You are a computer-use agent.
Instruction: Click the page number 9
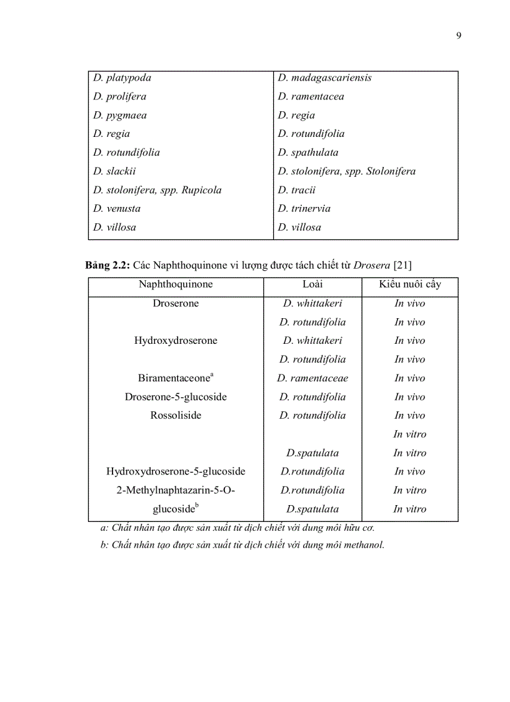458,35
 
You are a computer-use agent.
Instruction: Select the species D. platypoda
122,78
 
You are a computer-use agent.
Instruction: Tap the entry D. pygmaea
120,116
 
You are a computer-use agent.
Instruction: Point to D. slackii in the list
114,171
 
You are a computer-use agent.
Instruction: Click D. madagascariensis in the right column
324,78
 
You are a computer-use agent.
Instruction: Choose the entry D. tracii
297,190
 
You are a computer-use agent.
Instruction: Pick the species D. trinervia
304,209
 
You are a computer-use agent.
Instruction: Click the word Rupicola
201,190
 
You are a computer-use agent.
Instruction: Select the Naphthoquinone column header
176,284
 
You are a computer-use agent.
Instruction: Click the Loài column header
312,284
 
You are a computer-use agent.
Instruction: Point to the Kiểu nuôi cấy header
409,284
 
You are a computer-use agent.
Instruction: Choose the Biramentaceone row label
176,378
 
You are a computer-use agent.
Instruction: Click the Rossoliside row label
176,416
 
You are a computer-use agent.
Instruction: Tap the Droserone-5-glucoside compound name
176,397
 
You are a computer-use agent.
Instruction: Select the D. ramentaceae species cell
312,378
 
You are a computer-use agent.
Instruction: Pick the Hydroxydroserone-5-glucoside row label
176,472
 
